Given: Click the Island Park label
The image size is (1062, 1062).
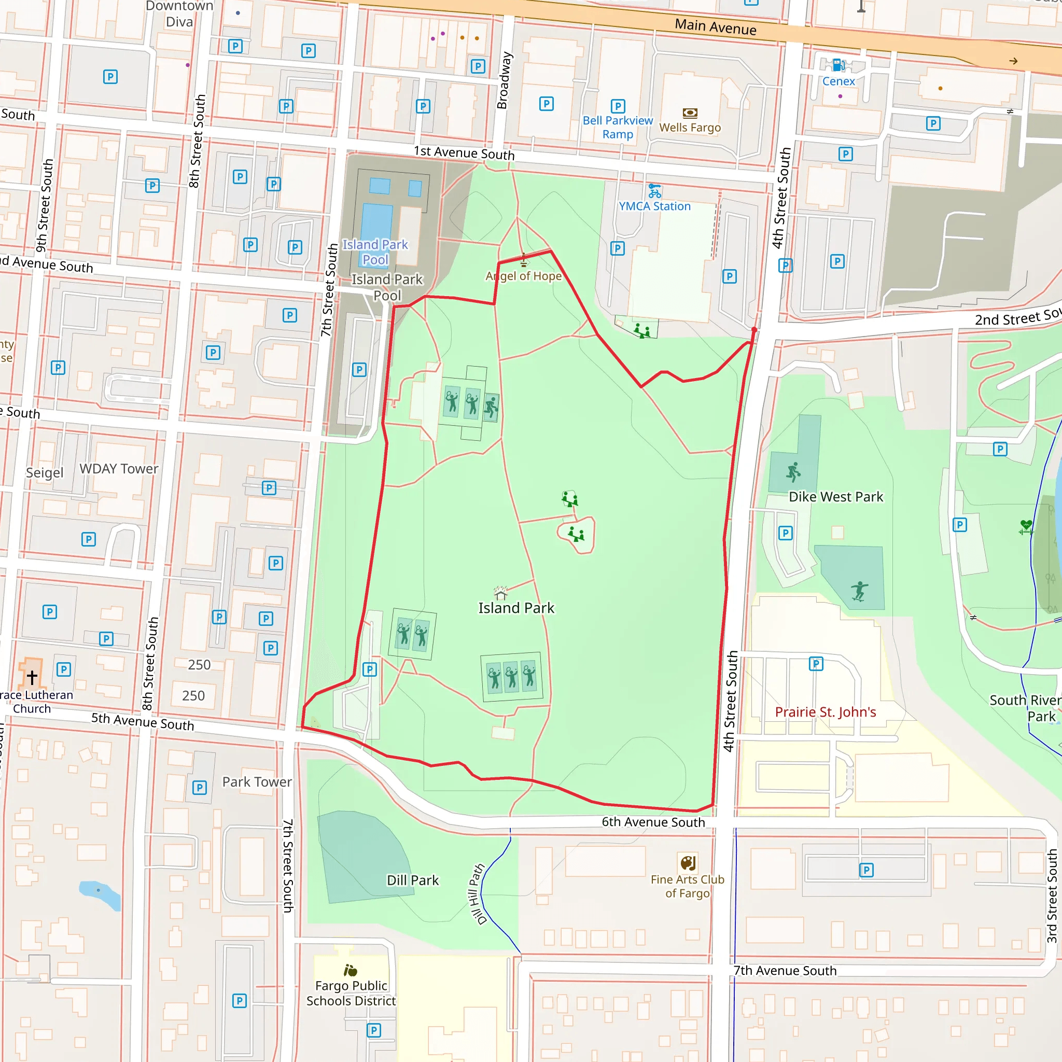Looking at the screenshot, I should [515, 608].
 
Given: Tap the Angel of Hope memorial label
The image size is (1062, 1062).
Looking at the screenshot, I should [523, 276].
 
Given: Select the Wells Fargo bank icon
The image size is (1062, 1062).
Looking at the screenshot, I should [690, 113].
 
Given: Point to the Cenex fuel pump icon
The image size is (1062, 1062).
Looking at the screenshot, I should [838, 65].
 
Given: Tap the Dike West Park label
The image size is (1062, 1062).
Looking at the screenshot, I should [835, 497].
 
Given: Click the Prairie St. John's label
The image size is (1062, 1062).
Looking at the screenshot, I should [825, 712].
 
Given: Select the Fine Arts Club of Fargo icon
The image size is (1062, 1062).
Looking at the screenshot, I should [688, 862].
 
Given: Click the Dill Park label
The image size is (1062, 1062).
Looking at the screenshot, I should [412, 880].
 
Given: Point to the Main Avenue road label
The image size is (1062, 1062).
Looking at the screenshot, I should [715, 26].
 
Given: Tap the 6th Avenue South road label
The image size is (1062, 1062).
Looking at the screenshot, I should [653, 822].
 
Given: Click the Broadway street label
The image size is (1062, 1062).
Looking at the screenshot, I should [504, 80].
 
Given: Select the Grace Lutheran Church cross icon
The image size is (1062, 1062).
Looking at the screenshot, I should [32, 677].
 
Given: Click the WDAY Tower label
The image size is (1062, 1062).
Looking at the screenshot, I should [119, 469].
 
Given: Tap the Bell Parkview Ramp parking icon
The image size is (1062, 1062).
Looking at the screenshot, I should [618, 106].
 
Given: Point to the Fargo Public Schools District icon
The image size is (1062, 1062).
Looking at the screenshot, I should [350, 970].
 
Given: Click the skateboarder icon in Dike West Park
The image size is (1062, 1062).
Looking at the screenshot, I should [859, 592].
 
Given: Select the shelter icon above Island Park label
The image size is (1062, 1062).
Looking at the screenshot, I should [500, 593].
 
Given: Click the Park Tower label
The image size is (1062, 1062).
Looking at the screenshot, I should [257, 781].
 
